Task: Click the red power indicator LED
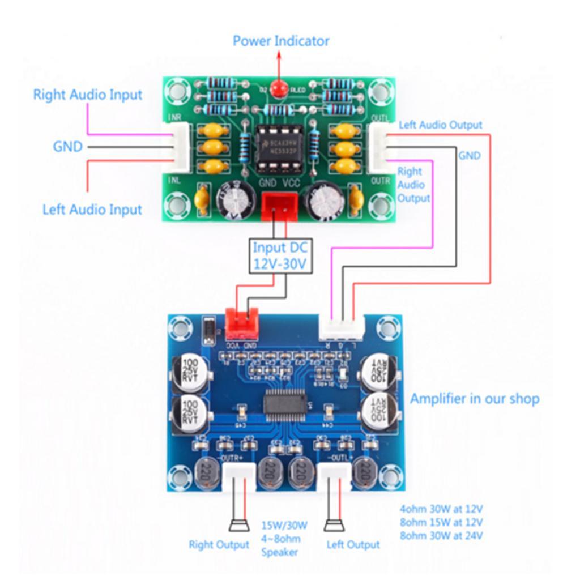click(x=278, y=89)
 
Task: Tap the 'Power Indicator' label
click(x=281, y=41)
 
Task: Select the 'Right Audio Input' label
click(x=88, y=94)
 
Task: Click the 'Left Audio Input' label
click(x=92, y=210)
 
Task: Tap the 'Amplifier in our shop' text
click(x=475, y=399)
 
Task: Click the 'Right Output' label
click(x=219, y=545)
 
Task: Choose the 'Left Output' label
click(x=353, y=545)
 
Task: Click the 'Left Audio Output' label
click(x=441, y=125)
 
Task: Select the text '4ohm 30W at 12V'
click(x=441, y=508)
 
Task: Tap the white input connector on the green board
click(x=180, y=148)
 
